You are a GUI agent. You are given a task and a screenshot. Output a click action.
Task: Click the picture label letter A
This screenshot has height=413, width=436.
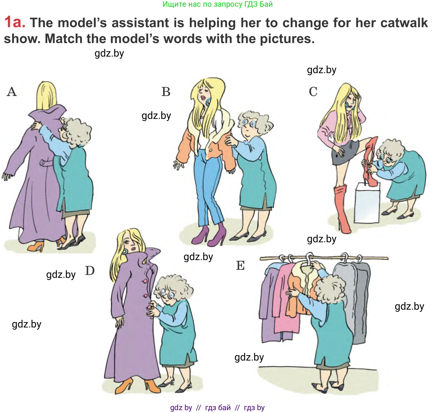pos(12,92)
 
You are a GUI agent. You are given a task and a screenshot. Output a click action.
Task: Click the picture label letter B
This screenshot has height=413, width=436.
pos(166,92)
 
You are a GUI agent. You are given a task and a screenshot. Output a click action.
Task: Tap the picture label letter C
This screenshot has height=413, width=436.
pos(313,92)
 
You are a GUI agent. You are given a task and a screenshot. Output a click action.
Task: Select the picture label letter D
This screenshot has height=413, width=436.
pos(90,271)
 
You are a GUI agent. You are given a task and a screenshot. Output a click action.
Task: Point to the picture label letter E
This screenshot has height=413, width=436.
pos(240,265)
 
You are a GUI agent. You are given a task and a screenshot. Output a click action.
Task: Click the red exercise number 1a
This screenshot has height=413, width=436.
pos(15,22)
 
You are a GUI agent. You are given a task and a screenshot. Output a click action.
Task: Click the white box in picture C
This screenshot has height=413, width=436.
pos(367,203)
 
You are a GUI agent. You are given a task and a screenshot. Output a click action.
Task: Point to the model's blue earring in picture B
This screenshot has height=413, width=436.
pos(208,102)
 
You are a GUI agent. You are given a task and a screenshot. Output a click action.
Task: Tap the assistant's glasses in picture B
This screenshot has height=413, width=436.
pos(248,123)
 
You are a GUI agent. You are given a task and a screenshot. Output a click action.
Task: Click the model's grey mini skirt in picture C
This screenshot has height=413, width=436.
pos(345,153)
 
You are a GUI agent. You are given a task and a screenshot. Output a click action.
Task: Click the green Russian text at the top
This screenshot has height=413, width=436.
pos(218,4)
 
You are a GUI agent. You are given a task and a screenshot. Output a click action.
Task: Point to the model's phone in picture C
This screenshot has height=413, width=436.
pos(348,105)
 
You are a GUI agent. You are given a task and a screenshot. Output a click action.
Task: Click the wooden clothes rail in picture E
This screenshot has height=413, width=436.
pos(324,258)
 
